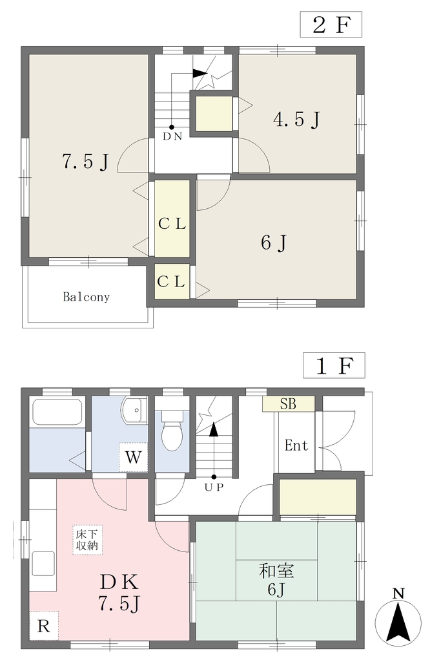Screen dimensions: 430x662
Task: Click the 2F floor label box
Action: pyautogui.click(x=331, y=25)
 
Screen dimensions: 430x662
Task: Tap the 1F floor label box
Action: pyautogui.click(x=334, y=366)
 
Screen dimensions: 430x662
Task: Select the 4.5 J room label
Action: pyautogui.click(x=297, y=120)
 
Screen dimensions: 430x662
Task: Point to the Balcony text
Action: pyautogui.click(x=87, y=297)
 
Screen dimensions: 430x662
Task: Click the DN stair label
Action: pyautogui.click(x=172, y=136)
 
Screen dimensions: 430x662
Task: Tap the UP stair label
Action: pyautogui.click(x=214, y=487)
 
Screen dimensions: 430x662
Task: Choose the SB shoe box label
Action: pyautogui.click(x=289, y=404)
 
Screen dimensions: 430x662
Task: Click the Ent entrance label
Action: pyautogui.click(x=296, y=445)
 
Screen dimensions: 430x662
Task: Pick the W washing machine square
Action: pyautogui.click(x=133, y=457)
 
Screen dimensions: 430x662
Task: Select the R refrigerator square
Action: pyautogui.click(x=43, y=626)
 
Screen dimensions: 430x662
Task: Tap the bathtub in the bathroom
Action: pyautogui.click(x=57, y=412)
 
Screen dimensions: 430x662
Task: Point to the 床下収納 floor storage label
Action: pyautogui.click(x=87, y=540)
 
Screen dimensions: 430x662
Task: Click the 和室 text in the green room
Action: pyautogui.click(x=276, y=571)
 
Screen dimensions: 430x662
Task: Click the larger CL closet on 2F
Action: pyautogui.click(x=172, y=219)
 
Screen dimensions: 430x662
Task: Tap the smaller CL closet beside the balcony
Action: pyautogui.click(x=171, y=282)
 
